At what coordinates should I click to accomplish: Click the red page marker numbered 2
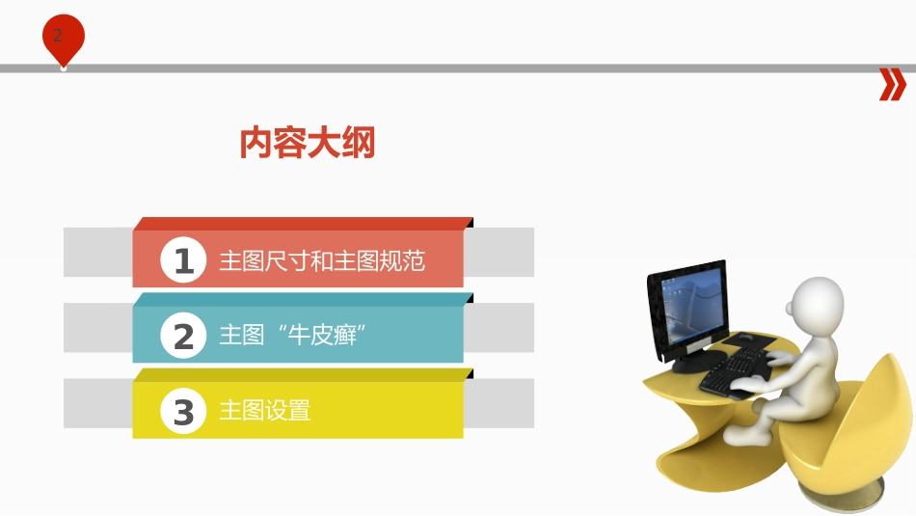pyautogui.click(x=63, y=38)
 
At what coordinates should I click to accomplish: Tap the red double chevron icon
pyautogui.click(x=893, y=85)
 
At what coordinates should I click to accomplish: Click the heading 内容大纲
pyautogui.click(x=307, y=144)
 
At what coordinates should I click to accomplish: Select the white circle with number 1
pyautogui.click(x=183, y=260)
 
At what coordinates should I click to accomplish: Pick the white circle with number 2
pyautogui.click(x=183, y=336)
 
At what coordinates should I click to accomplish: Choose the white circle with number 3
pyautogui.click(x=183, y=411)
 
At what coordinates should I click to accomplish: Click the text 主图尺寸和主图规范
pyautogui.click(x=322, y=261)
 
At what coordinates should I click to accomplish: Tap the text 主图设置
pyautogui.click(x=265, y=411)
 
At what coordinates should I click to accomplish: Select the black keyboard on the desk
pyautogui.click(x=738, y=371)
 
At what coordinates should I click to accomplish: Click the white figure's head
pyautogui.click(x=816, y=303)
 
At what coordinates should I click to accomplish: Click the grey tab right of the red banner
pyautogui.click(x=498, y=252)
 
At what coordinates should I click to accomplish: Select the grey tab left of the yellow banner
pyautogui.click(x=97, y=403)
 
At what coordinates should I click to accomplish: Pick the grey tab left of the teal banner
pyautogui.click(x=97, y=328)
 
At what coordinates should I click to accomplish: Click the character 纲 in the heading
pyautogui.click(x=358, y=144)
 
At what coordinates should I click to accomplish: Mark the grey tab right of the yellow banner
pyautogui.click(x=498, y=403)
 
